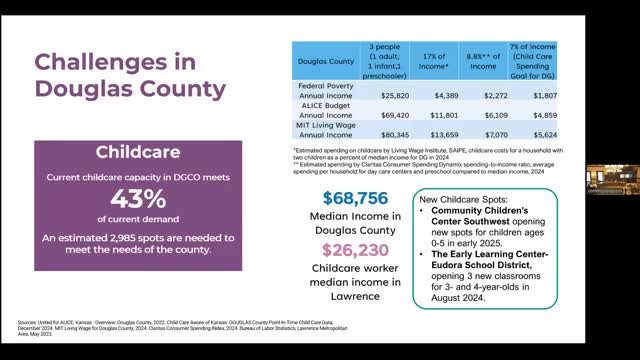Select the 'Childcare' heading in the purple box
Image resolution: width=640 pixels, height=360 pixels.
(137, 154)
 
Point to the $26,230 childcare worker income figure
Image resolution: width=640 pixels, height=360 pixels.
(350, 252)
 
